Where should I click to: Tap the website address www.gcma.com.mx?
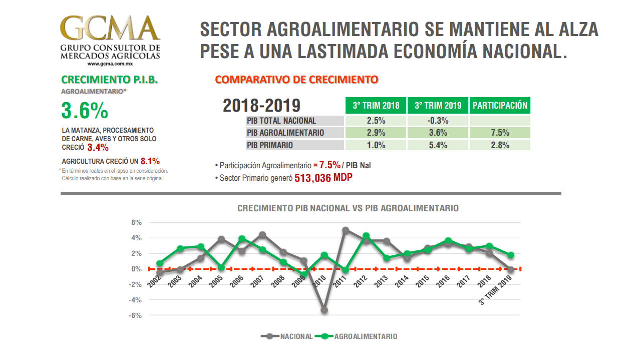tap(110, 64)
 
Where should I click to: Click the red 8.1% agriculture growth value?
tap(150, 161)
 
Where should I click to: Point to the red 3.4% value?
tap(98, 148)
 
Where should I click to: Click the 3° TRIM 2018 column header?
tap(376, 106)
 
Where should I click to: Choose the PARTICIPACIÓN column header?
tap(500, 106)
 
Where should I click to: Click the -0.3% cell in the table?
tap(438, 121)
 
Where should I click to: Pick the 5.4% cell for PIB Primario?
tap(438, 145)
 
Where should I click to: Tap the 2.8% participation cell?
tap(500, 145)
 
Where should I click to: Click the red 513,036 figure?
tap(312, 178)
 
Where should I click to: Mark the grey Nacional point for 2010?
tap(325, 310)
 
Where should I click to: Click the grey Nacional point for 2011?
tap(346, 230)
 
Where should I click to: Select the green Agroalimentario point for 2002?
tap(160, 263)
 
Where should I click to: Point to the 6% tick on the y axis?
tap(136, 223)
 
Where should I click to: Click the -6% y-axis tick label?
tap(135, 315)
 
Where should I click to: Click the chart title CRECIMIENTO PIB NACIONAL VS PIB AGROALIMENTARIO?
tap(348, 208)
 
